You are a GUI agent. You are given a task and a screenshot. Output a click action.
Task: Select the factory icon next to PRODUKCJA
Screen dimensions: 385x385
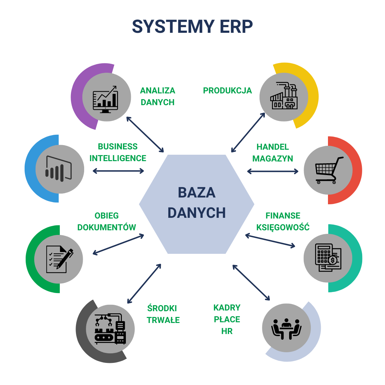(284, 96)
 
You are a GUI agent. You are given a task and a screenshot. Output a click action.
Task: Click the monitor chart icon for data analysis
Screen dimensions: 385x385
(105, 99)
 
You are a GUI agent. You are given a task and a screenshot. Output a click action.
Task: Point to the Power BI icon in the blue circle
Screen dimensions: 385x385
(59, 169)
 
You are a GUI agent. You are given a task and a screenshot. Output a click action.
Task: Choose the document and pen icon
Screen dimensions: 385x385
(60, 259)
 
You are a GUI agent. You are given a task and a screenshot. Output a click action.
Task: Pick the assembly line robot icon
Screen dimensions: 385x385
(110, 329)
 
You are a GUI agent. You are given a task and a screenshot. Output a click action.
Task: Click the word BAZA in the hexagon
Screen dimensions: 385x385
(196, 192)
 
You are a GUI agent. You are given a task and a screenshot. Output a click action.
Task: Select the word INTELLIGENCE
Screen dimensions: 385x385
(118, 158)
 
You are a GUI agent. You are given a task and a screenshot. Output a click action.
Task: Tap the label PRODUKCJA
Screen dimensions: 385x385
(227, 91)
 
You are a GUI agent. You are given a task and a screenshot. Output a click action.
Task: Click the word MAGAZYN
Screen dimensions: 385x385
(273, 159)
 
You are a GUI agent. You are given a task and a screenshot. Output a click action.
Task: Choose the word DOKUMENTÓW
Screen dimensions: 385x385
(107, 227)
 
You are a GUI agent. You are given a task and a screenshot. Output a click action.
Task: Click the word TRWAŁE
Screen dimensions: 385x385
(163, 320)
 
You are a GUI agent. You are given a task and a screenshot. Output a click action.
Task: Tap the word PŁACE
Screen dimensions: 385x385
(227, 319)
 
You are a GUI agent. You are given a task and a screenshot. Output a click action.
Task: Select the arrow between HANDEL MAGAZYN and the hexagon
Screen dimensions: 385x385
(273, 171)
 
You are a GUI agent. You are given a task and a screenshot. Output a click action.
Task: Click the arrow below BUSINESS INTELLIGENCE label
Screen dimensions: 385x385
(118, 171)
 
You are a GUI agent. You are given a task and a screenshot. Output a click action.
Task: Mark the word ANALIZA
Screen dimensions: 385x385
(158, 91)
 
